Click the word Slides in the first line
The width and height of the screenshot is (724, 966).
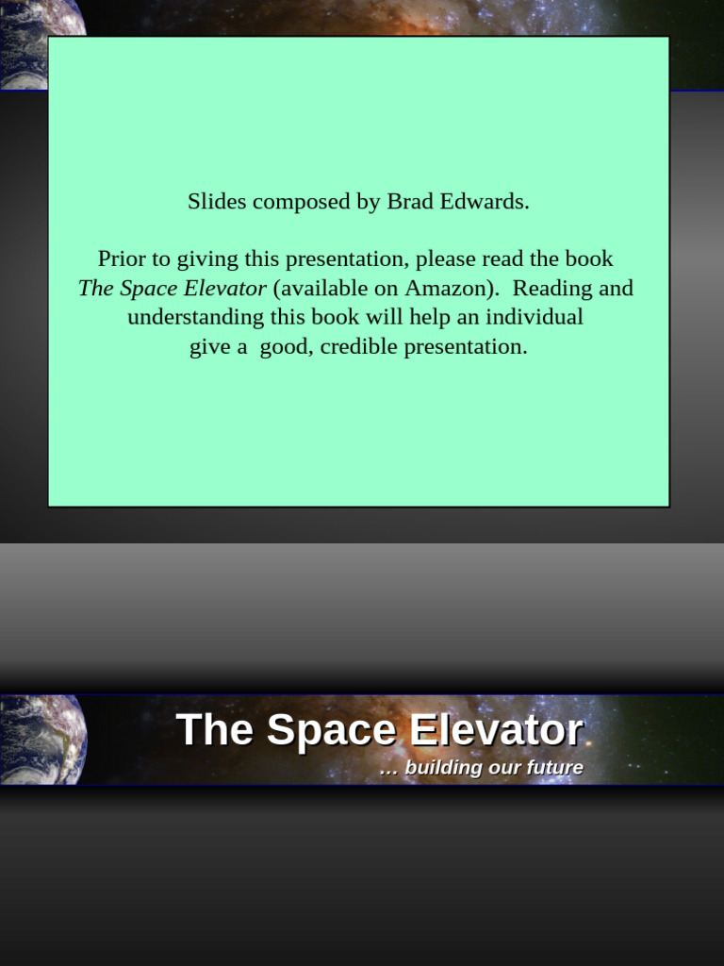[x=217, y=202]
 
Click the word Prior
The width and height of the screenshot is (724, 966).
[x=121, y=258]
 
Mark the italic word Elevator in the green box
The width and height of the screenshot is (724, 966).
[x=225, y=288]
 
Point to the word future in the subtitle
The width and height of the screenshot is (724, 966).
[x=555, y=768]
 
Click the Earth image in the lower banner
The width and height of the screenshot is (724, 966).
[x=42, y=740]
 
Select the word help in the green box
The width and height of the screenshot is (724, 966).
[x=431, y=317]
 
